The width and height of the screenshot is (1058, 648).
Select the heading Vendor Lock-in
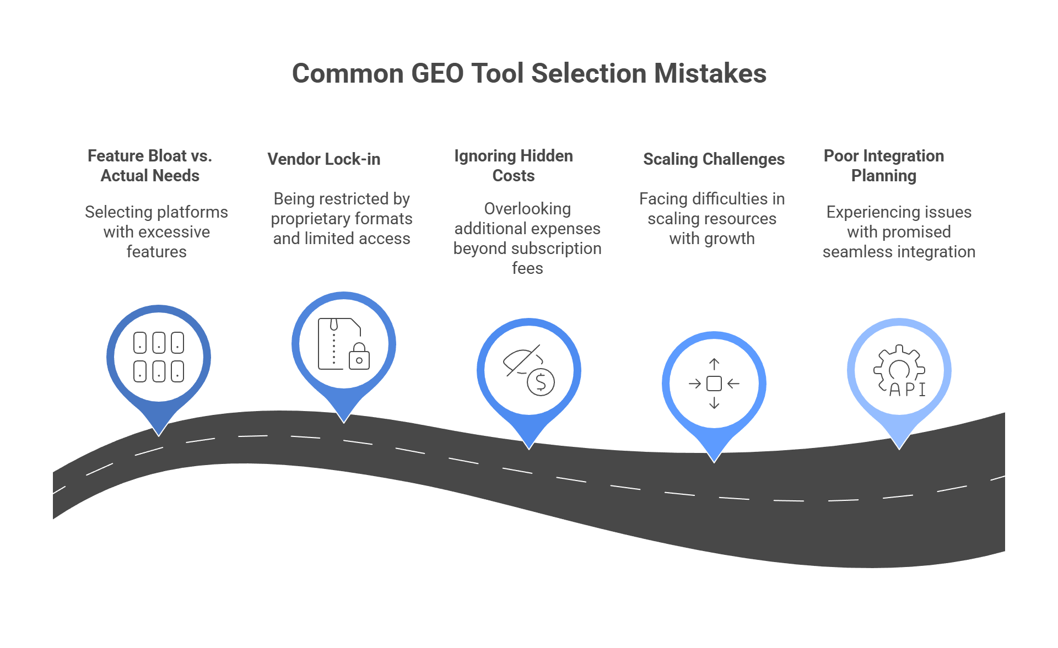[323, 159]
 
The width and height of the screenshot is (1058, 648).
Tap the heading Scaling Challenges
[714, 159]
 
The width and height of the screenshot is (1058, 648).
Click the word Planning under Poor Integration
[883, 176]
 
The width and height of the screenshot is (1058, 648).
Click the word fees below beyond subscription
[527, 268]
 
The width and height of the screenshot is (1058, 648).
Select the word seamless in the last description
[854, 252]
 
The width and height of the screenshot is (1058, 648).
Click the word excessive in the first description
[175, 232]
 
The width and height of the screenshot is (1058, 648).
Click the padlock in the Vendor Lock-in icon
[359, 357]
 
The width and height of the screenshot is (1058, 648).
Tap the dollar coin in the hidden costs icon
[541, 382]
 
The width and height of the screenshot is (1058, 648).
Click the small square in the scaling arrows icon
[714, 384]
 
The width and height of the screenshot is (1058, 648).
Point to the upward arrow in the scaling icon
[714, 364]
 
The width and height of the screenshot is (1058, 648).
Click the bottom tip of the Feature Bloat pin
[159, 434]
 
